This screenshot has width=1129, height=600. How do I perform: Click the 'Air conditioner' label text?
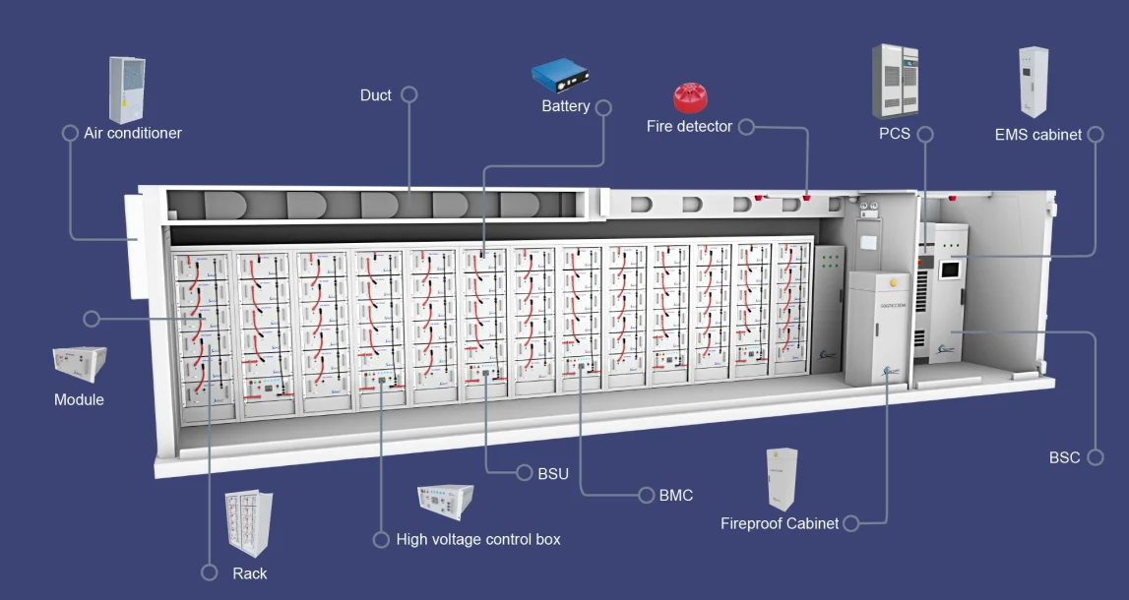pos(133,133)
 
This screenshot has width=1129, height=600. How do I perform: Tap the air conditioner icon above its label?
pos(125,90)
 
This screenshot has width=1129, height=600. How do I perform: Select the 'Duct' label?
pos(375,95)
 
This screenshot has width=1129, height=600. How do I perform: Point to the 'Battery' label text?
pos(566,106)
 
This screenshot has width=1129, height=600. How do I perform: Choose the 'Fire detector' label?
pos(689,127)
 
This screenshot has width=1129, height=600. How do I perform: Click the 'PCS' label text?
pos(895,134)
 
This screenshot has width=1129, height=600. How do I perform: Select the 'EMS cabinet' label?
pos(1037,135)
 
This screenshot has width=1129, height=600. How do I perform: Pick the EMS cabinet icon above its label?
pos(1034,82)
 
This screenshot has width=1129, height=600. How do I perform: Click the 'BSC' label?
pos(1064,457)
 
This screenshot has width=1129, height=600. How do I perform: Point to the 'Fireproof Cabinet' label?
pos(780,523)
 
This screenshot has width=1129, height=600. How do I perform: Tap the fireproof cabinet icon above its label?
pos(781,480)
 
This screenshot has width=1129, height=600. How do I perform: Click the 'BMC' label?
pos(676,495)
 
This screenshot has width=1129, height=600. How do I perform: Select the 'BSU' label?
pos(553,473)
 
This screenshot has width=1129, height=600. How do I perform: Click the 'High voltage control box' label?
pos(478,539)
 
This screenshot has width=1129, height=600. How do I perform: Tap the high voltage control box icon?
pos(445,502)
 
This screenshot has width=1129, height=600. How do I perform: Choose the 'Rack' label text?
pos(249,573)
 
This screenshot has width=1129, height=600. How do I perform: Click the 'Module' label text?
pos(79,399)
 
